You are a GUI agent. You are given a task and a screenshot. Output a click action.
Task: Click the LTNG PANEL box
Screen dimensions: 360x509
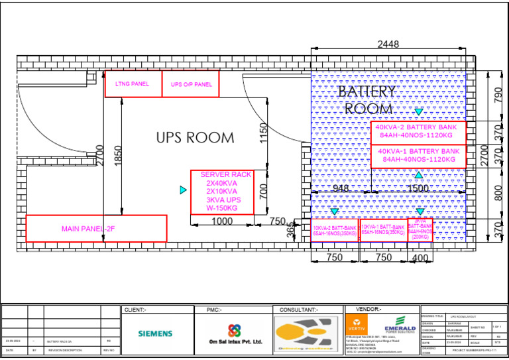133,84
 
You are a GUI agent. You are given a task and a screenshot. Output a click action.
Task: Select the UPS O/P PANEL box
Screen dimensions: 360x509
191,84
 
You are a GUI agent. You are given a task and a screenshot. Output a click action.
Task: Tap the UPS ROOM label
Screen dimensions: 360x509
195,138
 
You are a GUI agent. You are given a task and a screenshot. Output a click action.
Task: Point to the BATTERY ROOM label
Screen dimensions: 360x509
367,100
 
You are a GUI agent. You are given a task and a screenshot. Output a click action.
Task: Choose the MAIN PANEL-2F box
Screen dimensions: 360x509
96,229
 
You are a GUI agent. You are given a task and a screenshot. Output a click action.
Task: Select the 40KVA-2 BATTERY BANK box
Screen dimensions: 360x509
418,132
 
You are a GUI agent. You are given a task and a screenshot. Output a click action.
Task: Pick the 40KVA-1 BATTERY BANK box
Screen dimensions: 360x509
418,156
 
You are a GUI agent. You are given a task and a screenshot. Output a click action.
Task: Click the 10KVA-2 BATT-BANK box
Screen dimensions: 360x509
335,231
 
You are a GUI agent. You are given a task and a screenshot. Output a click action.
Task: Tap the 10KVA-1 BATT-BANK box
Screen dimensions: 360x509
383,231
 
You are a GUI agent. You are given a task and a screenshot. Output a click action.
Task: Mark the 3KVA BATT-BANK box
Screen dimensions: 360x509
420,231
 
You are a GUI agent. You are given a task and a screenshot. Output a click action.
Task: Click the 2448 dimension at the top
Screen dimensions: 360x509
388,45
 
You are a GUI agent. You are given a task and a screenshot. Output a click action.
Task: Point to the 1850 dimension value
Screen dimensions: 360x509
118,156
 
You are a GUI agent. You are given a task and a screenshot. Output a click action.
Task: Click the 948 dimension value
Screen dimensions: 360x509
341,188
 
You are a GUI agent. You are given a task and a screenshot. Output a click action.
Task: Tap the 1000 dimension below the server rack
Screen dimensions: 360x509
222,221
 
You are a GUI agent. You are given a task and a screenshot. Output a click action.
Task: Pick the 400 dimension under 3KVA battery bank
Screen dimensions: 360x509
420,257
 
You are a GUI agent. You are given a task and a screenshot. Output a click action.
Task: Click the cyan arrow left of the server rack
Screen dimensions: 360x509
184,190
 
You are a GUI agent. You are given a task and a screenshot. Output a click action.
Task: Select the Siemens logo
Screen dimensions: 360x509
154,333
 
